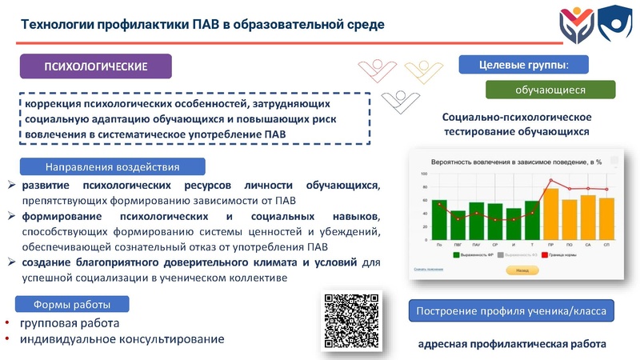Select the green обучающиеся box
550,90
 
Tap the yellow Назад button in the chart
522,270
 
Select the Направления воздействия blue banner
112,167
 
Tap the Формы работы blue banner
71,304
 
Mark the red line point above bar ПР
550,181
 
